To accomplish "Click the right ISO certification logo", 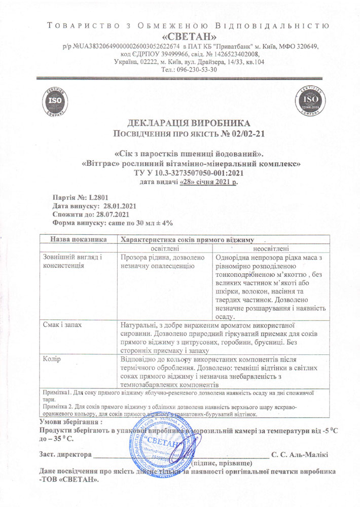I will point(308,101).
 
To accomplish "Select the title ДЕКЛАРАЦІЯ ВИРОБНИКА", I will point(189,123).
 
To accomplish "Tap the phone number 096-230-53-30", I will point(196,70).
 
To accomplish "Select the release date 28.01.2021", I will point(120,206).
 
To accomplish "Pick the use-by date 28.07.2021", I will point(116,214).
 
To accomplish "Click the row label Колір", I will point(52,359).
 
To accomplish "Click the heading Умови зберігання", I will point(70,421).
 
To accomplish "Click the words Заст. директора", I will point(65,454).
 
